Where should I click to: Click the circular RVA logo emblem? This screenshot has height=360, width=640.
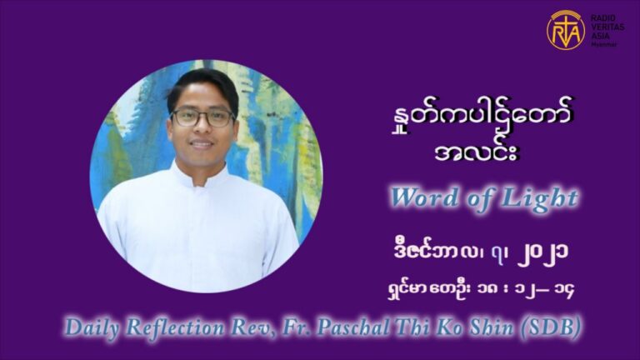point(566,30)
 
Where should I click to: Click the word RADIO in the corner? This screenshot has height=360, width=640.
point(599,18)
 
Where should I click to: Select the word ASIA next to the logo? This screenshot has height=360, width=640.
point(597,36)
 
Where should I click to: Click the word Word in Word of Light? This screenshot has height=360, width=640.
point(425,197)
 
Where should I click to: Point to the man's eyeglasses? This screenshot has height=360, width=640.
point(202,117)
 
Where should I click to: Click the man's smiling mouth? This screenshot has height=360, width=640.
point(202,144)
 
